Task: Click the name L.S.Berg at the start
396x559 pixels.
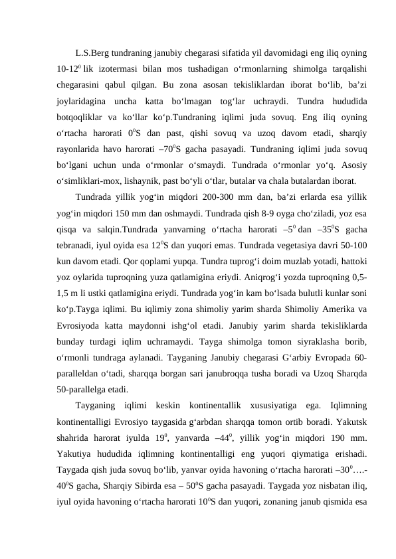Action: (93, 52)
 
